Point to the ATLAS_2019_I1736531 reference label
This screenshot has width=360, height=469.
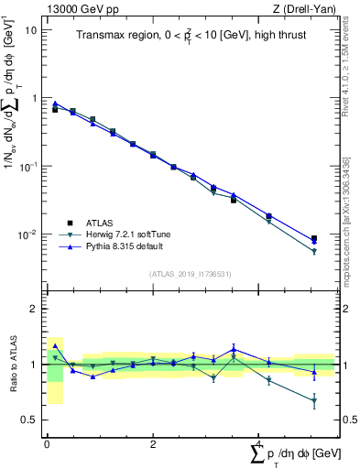tap(190, 274)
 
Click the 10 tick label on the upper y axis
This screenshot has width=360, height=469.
tap(30, 29)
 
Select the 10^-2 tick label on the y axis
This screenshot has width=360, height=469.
tap(27, 234)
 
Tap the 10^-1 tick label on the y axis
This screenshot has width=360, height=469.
tap(27, 166)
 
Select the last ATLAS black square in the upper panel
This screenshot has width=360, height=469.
tap(314, 238)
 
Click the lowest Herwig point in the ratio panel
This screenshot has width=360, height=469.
tap(314, 400)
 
